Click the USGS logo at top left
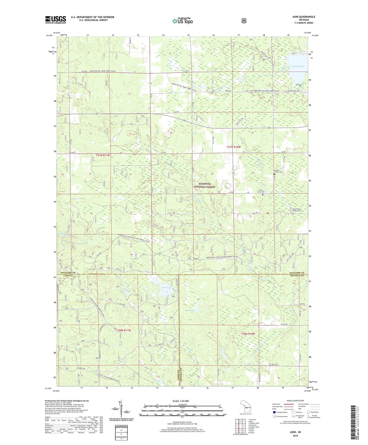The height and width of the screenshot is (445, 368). tap(56, 20)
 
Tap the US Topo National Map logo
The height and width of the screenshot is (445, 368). tap(182, 21)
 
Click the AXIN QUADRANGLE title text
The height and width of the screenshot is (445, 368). tap(304, 17)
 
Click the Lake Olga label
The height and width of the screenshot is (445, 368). tap(166, 288)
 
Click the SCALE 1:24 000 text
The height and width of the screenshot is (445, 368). tap(181, 401)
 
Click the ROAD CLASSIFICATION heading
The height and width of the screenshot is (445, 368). tap(295, 401)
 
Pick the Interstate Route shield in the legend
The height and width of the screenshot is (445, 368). tap(274, 412)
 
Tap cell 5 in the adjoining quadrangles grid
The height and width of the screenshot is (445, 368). tap(244, 426)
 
